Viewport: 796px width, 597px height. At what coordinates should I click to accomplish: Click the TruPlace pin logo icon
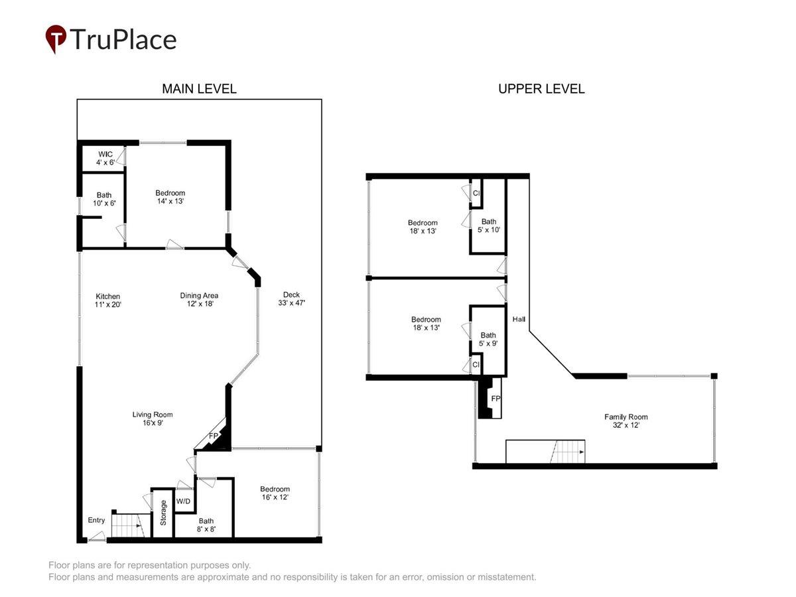point(56,38)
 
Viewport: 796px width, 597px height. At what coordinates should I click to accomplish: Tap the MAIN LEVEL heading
point(199,89)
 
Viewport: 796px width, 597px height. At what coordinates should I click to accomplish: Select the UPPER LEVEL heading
point(541,89)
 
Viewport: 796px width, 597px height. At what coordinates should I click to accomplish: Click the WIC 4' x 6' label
point(105,159)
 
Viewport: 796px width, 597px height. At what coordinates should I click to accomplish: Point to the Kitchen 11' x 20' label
point(107,300)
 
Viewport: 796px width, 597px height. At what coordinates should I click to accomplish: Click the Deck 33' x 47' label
point(291,298)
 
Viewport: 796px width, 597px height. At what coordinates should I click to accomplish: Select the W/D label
point(183,501)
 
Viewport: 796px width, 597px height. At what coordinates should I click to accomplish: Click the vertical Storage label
point(163,513)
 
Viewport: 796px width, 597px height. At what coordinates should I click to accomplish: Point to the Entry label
point(96,520)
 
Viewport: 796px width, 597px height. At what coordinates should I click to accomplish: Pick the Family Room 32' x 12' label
point(626,421)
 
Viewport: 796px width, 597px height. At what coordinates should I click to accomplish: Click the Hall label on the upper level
point(519,319)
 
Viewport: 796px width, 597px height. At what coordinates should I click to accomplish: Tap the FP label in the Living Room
point(213,436)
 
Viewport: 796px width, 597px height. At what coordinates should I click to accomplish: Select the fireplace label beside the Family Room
point(496,399)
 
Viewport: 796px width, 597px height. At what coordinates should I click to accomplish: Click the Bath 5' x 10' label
point(488,226)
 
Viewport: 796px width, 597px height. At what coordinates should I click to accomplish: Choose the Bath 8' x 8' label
point(206,525)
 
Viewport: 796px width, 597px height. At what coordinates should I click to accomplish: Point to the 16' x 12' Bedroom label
point(275,493)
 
